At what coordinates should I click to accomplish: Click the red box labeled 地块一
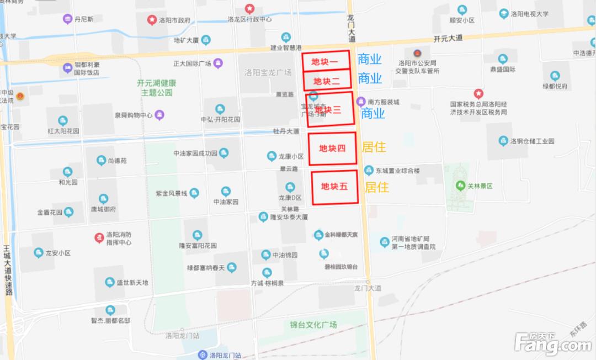[x=326, y=62]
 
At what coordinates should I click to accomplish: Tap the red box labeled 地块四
[x=332, y=148]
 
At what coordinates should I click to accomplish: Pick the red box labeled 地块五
[x=334, y=187]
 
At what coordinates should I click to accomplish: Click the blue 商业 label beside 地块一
[x=370, y=59]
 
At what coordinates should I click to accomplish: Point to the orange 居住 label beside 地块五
[x=376, y=187]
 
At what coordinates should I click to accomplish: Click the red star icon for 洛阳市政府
[x=151, y=20]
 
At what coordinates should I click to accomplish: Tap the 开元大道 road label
[x=448, y=39]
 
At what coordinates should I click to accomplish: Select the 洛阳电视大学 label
[x=529, y=14]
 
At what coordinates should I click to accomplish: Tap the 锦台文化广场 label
[x=313, y=324]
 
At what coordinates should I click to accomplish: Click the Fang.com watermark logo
[x=552, y=343]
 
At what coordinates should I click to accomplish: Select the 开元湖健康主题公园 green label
[x=157, y=88]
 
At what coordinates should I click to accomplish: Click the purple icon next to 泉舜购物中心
[x=160, y=115]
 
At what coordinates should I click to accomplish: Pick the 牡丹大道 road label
[x=286, y=131]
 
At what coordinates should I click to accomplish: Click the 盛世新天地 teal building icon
[x=109, y=283]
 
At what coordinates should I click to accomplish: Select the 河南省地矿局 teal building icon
[x=385, y=242]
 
